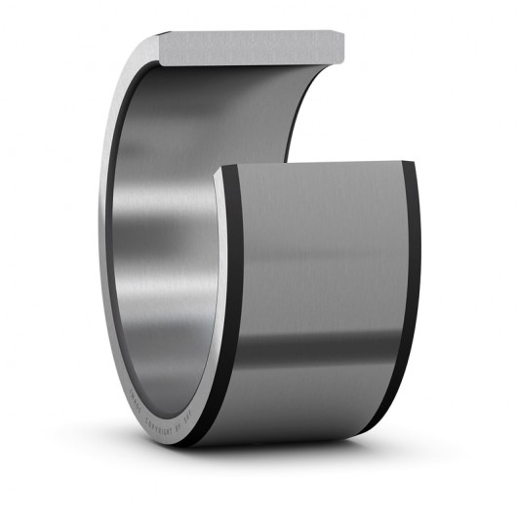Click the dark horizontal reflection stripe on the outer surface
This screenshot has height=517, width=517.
coord(322,346)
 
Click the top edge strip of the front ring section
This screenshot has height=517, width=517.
coord(312,164)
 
